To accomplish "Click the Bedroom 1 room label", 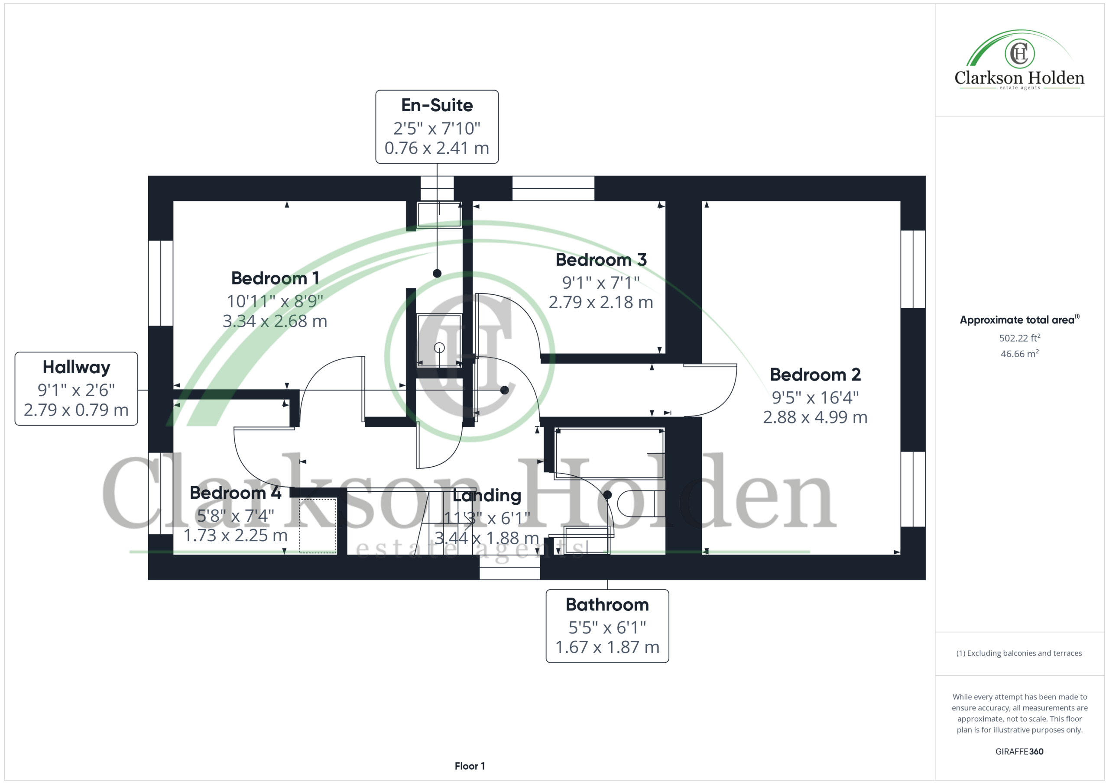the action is click(275, 278).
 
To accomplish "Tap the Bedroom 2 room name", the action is click(815, 374).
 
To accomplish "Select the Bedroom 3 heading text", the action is click(601, 260).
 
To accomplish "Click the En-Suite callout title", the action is click(437, 105).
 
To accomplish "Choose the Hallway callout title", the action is click(76, 368).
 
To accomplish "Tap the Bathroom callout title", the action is click(607, 604).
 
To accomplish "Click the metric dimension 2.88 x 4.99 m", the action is click(815, 417).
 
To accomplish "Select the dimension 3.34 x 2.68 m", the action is click(275, 321).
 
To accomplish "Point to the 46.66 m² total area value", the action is click(1019, 353).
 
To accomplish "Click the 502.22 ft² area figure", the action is click(1019, 338).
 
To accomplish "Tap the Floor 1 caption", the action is click(470, 766).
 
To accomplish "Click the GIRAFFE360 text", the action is click(1019, 752).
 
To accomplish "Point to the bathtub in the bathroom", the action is click(610, 453).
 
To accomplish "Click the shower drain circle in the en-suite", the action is click(439, 348).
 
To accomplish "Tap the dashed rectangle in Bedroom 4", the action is click(318, 526).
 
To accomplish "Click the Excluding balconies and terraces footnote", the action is click(1019, 653).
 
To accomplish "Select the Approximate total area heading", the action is click(1019, 319).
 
